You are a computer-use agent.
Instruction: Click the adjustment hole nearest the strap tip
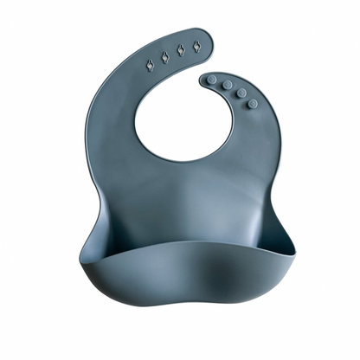click(196, 44)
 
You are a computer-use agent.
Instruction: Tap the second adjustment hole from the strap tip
click(181, 50)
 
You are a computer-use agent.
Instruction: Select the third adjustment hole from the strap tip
click(164, 57)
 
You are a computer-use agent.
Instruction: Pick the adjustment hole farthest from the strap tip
click(149, 62)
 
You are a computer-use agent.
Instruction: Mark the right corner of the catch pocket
click(290, 251)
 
